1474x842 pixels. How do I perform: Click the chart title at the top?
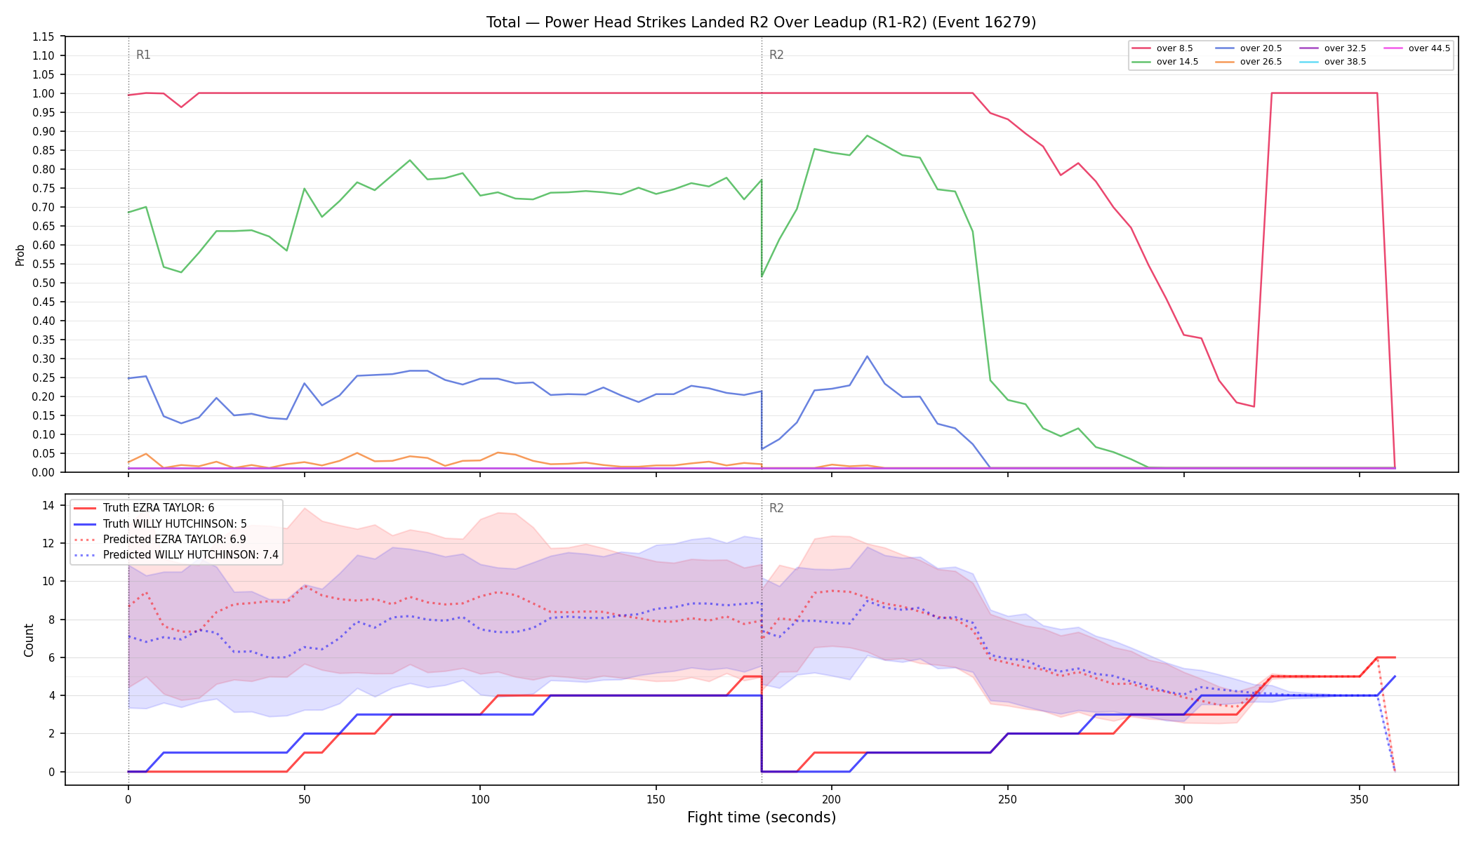[x=761, y=22]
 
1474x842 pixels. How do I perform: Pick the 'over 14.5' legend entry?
[x=1164, y=62]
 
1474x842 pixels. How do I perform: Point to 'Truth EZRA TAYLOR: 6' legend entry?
[x=144, y=508]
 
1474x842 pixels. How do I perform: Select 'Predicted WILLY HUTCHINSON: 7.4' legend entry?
[x=176, y=555]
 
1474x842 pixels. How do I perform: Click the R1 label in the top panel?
[x=143, y=55]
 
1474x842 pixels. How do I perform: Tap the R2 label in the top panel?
[x=776, y=55]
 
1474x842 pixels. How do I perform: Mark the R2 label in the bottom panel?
[x=776, y=508]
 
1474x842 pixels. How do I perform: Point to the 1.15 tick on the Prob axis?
[x=43, y=36]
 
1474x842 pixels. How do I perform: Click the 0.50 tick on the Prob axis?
[x=43, y=283]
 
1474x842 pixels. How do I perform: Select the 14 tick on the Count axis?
[x=48, y=505]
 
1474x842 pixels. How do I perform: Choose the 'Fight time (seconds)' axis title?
[x=762, y=817]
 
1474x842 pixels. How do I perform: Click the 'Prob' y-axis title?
[x=20, y=255]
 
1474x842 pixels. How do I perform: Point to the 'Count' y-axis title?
[x=29, y=640]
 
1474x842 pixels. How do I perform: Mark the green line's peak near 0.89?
[x=868, y=135]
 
